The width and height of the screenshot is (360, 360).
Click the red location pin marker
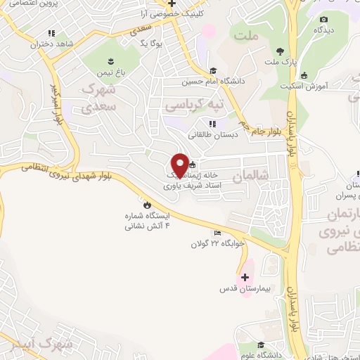coord(180,165)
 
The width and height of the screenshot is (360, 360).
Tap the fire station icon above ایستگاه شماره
coord(146,205)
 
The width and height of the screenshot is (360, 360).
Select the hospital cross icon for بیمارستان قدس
coord(245,277)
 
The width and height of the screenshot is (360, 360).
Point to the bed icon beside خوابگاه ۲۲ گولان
coord(218,233)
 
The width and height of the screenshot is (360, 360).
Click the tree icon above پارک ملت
coord(281,51)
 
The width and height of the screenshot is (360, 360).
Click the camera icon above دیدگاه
coord(323,20)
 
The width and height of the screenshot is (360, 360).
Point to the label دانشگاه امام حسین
coord(211,81)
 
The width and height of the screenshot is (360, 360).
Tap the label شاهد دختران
coord(51,44)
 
